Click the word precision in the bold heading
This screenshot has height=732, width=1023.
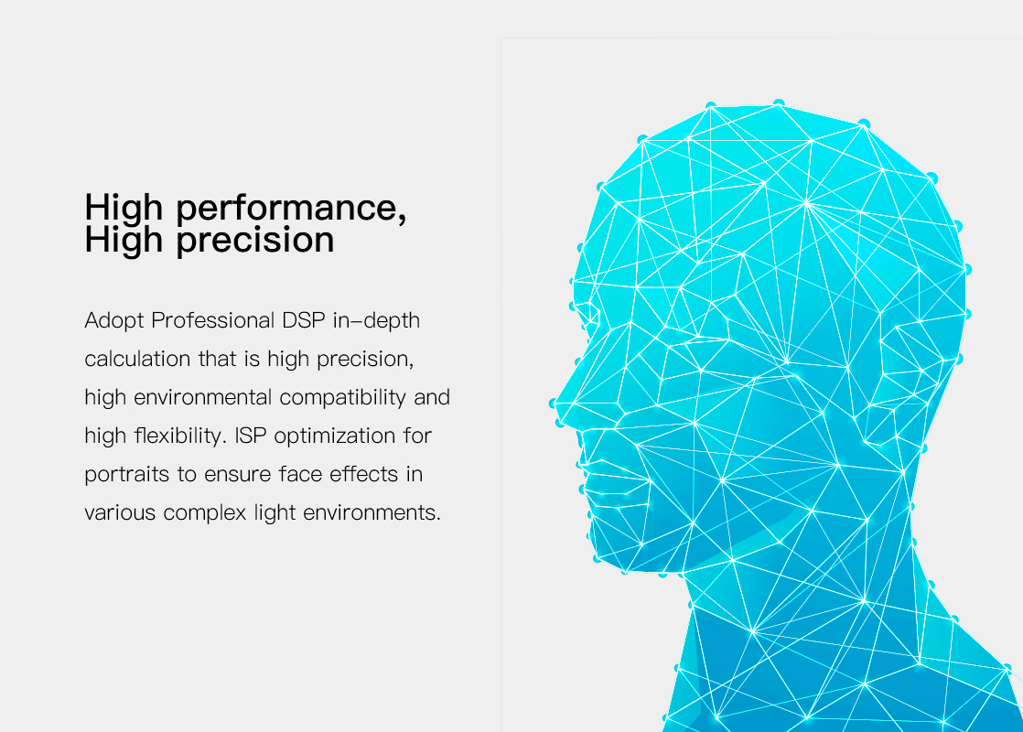255,240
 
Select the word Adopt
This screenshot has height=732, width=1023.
114,321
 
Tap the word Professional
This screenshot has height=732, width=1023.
212,320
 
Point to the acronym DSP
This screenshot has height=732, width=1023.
304,320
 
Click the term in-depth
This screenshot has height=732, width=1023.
376,321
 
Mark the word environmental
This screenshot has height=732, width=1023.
203,397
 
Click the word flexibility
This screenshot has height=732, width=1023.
180,436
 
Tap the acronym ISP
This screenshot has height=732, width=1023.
251,436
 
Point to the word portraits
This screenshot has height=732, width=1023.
127,475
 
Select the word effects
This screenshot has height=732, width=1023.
363,474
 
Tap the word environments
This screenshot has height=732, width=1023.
372,512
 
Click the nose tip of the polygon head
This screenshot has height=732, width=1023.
554,404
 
